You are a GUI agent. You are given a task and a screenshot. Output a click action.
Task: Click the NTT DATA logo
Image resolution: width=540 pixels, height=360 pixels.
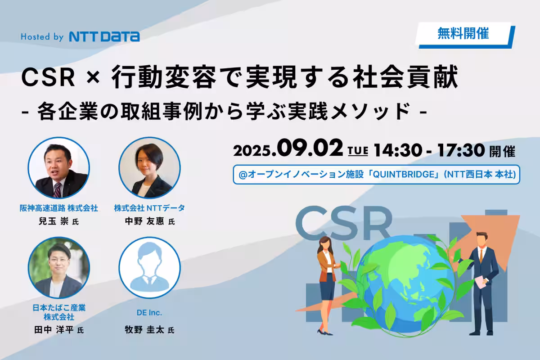pos(104,36)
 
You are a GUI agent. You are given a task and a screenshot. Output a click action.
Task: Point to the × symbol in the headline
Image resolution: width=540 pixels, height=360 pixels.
pos(93,78)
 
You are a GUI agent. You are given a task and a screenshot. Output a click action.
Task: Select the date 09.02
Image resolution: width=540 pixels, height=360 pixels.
pos(310,148)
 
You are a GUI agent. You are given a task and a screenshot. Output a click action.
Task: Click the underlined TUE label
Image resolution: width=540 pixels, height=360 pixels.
pos(358,151)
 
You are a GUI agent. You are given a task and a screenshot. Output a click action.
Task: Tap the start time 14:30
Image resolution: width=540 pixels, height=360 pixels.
pos(398,150)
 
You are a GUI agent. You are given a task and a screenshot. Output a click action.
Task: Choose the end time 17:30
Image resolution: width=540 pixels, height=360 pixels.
pos(461,150)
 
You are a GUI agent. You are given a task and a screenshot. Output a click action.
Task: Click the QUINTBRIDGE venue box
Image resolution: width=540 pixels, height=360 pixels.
pos(376,174)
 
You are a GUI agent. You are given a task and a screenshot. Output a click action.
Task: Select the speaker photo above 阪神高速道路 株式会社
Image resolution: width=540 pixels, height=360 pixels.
pos(59,168)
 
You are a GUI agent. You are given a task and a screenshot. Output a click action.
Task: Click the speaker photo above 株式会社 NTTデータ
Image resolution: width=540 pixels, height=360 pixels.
pos(149,168)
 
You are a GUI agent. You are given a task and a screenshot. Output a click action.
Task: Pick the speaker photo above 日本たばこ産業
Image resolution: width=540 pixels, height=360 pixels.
pos(59,268)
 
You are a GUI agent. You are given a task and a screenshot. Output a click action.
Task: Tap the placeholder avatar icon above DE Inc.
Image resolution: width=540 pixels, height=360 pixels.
pos(149,268)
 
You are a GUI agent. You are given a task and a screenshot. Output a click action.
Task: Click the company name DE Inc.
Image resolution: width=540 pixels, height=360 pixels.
pos(149,313)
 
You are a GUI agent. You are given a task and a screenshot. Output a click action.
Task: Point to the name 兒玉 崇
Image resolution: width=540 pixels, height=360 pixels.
pos(54,221)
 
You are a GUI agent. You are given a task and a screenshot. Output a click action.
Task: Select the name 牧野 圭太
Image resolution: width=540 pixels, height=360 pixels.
pos(144,329)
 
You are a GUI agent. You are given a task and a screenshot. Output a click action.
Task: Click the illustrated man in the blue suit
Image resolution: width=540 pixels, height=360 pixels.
pos(481,284)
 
